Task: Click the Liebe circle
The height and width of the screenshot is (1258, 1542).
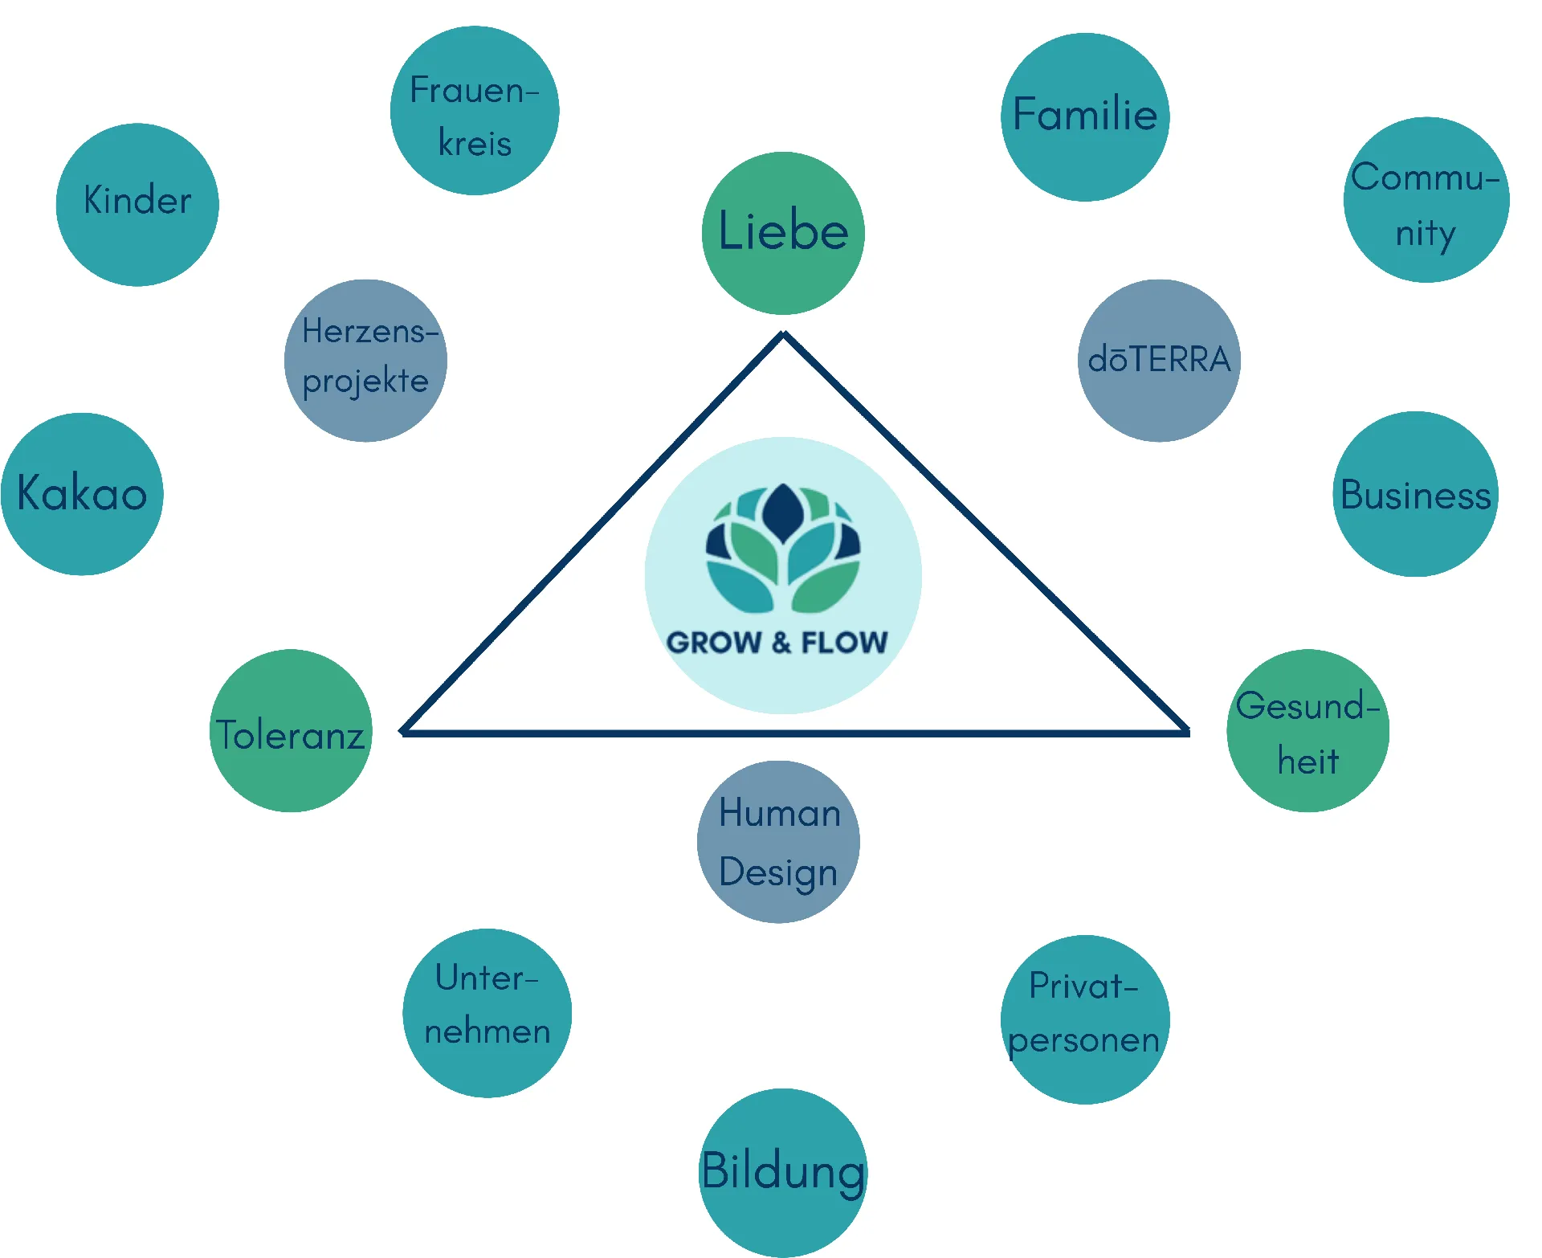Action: click(783, 233)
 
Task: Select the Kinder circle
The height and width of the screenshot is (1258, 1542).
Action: click(137, 205)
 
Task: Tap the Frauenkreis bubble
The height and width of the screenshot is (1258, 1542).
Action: click(475, 111)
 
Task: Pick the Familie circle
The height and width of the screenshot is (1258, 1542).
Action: click(1085, 117)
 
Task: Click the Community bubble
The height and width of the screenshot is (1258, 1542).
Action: click(1426, 200)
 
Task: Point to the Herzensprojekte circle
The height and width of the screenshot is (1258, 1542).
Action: click(365, 361)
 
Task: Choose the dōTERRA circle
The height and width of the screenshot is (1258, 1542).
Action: click(1159, 361)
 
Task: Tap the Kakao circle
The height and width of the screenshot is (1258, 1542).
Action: click(82, 494)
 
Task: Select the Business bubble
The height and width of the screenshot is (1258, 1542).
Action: click(1416, 494)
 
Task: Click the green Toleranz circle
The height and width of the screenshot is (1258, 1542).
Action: click(291, 731)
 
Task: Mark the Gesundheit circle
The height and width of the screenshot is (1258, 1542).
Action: click(1308, 731)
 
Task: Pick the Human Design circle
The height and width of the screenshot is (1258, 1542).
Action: click(778, 842)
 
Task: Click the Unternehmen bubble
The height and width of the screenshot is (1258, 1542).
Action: click(487, 1013)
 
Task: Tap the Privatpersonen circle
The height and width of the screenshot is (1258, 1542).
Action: click(1085, 1019)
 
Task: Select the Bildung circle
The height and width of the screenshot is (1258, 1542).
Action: click(783, 1173)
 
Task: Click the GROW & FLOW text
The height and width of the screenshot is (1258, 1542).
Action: click(777, 643)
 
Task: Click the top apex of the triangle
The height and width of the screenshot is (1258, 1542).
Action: click(784, 336)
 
